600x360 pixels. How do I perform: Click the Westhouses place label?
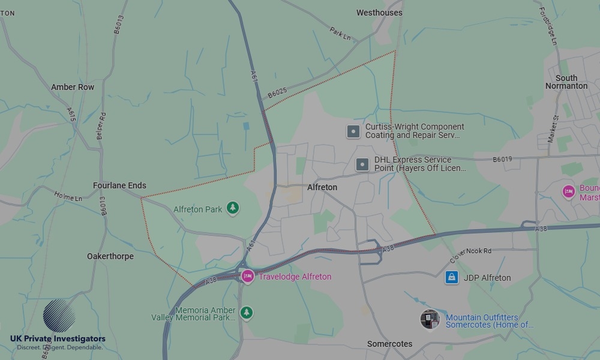click(379, 13)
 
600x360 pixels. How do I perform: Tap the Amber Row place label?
click(73, 87)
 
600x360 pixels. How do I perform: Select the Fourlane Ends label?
click(119, 185)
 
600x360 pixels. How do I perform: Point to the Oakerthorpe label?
click(110, 256)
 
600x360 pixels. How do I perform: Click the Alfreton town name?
click(322, 187)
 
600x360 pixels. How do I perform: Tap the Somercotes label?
click(389, 344)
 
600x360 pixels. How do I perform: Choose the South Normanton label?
click(566, 82)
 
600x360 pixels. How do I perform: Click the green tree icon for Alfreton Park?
click(233, 209)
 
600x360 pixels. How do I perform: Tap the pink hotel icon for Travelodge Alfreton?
click(247, 276)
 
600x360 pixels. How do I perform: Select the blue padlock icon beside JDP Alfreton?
click(452, 277)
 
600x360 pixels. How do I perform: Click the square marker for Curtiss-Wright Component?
click(353, 131)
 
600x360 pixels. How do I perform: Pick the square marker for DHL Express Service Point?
click(362, 164)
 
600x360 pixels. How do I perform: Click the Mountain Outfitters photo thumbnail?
click(430, 320)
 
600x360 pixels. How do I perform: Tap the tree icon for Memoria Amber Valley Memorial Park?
click(246, 313)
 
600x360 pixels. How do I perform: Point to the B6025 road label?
click(277, 92)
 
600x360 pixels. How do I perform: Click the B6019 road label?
click(502, 160)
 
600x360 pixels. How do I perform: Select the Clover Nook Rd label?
click(470, 256)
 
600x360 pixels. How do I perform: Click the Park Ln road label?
click(340, 34)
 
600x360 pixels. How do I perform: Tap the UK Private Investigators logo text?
click(58, 339)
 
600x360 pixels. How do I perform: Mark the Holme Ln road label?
click(68, 196)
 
